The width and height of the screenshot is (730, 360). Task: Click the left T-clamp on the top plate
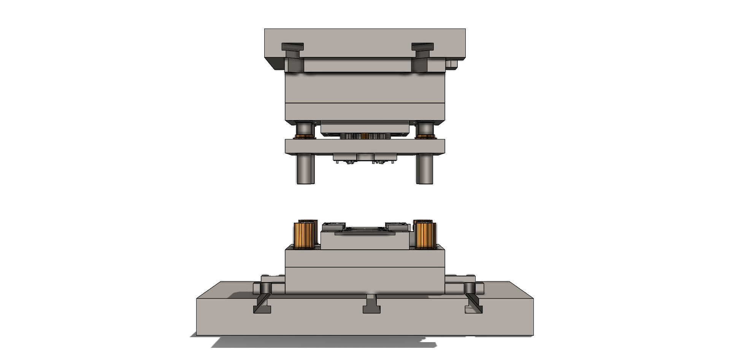(292, 48)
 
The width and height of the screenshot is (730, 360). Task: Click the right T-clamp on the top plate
(422, 48)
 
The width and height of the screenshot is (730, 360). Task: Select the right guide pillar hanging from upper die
(425, 169)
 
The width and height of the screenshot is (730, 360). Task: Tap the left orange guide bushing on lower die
(305, 234)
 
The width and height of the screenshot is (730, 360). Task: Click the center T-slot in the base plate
(371, 305)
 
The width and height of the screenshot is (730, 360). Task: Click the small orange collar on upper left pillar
(304, 136)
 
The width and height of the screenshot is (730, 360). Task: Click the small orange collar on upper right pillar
(425, 136)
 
